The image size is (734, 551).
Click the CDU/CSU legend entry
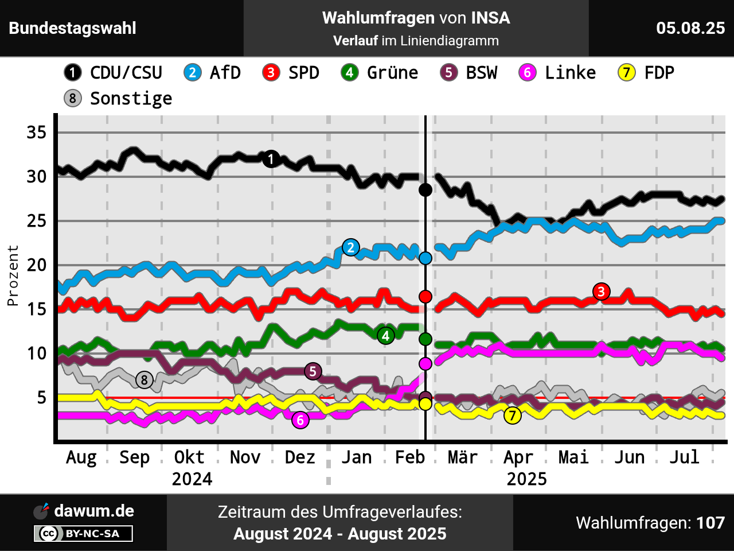click(x=114, y=73)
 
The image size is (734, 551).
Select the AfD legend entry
click(x=212, y=73)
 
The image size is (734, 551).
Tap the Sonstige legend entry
click(x=118, y=99)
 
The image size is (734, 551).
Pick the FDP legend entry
click(x=646, y=73)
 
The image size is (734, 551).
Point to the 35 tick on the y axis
click(x=37, y=133)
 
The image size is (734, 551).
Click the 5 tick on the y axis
click(x=42, y=397)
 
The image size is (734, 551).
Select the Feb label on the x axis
click(x=410, y=457)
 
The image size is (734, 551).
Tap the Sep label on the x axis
click(x=135, y=457)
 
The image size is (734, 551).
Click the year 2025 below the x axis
click(x=526, y=479)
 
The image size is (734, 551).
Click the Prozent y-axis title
click(x=13, y=275)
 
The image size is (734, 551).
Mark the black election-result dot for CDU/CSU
click(x=425, y=189)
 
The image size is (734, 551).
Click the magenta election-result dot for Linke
click(x=425, y=364)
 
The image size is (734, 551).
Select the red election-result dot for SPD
click(x=425, y=297)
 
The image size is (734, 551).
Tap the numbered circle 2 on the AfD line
click(x=350, y=247)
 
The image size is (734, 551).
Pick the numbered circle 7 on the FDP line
click(x=513, y=416)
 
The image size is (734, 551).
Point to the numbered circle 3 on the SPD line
click(x=601, y=292)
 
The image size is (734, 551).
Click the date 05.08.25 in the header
click(x=690, y=28)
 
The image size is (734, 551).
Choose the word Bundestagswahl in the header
click(x=73, y=28)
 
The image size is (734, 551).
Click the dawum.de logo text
click(x=94, y=511)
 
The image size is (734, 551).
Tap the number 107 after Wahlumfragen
click(x=710, y=523)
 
